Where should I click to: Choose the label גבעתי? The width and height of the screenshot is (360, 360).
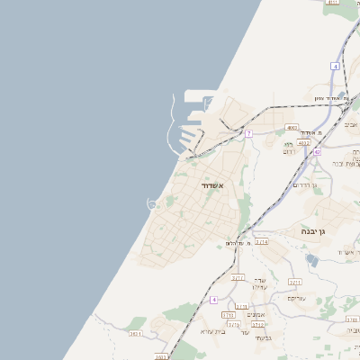pyautogui.click(x=263, y=337)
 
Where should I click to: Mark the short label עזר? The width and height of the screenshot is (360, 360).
pyautogui.click(x=245, y=332)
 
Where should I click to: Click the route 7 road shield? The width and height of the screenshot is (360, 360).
pyautogui.click(x=247, y=134)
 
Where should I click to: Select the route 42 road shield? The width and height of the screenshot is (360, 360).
pyautogui.click(x=317, y=152)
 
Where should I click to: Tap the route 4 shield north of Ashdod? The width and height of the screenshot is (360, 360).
pyautogui.click(x=335, y=67)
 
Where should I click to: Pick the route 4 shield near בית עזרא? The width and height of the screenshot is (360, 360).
pyautogui.click(x=213, y=300)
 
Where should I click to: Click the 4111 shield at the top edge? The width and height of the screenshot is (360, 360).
pyautogui.click(x=332, y=3)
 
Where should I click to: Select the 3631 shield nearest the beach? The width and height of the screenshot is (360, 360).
pyautogui.click(x=135, y=334)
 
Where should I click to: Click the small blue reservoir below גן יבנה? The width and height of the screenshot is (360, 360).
pyautogui.click(x=311, y=260)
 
